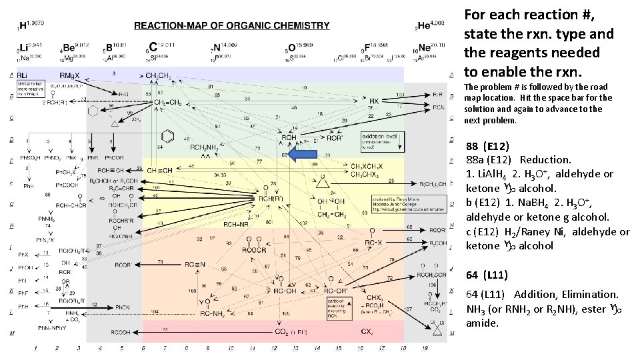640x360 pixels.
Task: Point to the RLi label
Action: click(x=22, y=75)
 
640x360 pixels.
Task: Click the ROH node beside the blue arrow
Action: click(x=289, y=137)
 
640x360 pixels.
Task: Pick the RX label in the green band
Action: click(x=374, y=101)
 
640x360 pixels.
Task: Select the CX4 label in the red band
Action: click(x=367, y=331)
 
